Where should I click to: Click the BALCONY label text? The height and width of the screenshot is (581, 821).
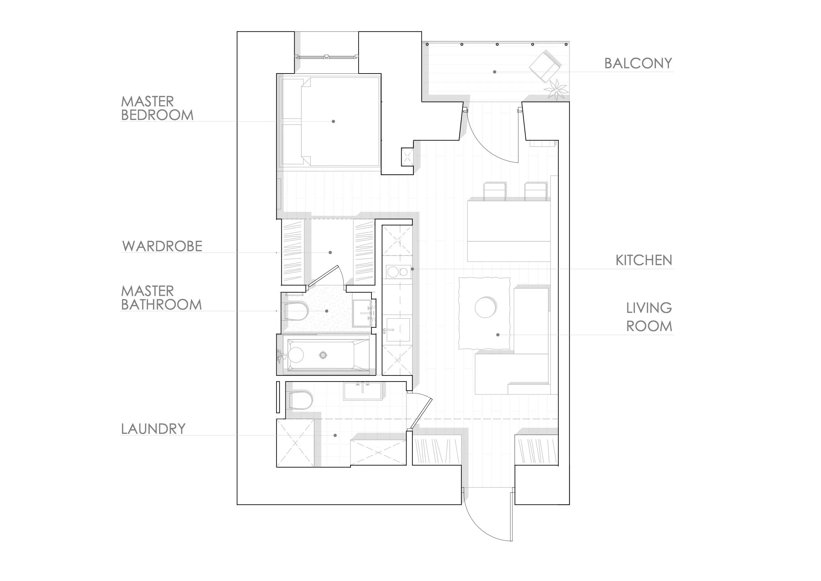(x=638, y=63)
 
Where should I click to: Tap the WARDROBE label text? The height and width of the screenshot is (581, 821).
(x=162, y=246)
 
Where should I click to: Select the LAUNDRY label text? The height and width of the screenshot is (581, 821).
(x=153, y=429)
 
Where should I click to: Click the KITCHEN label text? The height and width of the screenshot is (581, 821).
(x=644, y=260)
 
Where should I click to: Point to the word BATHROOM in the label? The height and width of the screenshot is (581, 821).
(x=161, y=305)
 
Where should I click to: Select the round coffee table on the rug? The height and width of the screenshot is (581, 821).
(x=485, y=307)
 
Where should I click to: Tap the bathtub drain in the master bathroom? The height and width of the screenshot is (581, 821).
(x=323, y=355)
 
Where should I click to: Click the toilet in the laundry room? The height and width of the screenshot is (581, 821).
(x=300, y=400)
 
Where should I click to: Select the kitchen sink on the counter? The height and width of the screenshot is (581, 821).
(x=398, y=329)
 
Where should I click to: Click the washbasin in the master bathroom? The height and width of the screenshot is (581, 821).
(x=362, y=313)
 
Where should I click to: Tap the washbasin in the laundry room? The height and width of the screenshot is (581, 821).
(x=362, y=391)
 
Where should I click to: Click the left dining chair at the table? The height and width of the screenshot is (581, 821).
(x=495, y=192)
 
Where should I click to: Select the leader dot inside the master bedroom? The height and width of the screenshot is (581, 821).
(x=333, y=121)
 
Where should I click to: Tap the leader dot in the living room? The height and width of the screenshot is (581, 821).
(x=498, y=335)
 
